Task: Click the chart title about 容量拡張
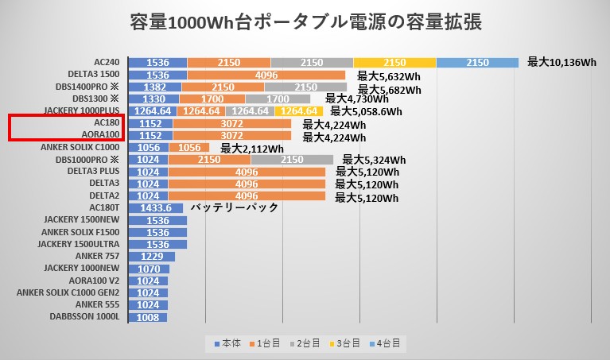pos(305,21)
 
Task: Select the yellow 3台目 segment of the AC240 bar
pos(394,62)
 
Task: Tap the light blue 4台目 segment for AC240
pos(477,62)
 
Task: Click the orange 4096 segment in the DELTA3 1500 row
pos(266,75)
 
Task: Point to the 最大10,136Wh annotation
pos(561,62)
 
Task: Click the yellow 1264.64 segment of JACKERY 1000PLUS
pos(299,111)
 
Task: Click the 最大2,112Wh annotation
pos(252,148)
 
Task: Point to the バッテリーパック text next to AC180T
pos(234,207)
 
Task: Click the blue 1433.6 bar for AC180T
pos(155,208)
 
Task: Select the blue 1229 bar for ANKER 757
pos(151,256)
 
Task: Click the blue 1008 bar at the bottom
pos(147,316)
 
